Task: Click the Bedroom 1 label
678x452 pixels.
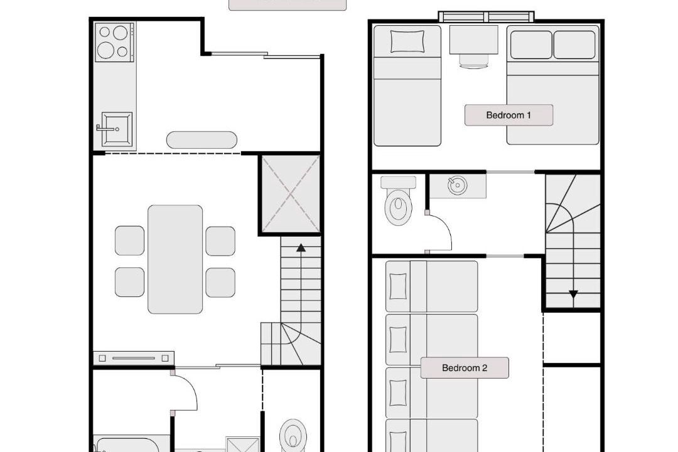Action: point(508,115)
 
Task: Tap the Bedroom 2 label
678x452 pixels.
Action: point(465,368)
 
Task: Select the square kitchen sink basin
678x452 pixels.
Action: point(117,129)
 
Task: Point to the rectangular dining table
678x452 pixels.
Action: point(175,259)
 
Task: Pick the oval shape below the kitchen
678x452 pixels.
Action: point(202,140)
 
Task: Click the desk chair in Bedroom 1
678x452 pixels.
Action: point(473,62)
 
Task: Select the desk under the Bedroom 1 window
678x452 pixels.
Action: point(473,40)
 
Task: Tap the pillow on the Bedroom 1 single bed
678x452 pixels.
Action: point(407,41)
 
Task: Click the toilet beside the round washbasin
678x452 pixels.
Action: point(398,201)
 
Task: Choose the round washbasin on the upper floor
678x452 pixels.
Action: point(457,186)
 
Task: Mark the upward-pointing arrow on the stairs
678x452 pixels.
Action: point(301,247)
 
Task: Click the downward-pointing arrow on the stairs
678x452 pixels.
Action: point(573,294)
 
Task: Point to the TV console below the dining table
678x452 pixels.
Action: point(134,358)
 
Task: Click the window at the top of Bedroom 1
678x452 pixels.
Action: point(487,17)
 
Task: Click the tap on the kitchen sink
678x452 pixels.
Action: point(106,128)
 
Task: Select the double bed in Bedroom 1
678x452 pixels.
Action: point(552,85)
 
